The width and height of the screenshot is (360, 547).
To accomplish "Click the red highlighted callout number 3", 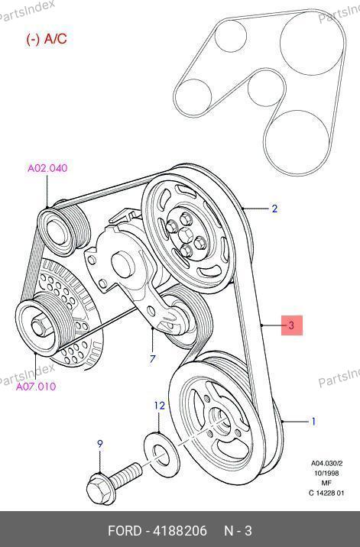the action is [291, 325].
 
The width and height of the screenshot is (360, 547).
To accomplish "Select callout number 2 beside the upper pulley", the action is [274, 209].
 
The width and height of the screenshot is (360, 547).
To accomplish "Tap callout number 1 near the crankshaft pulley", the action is [313, 422].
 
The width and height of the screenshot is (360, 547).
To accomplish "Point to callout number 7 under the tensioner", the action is [152, 358].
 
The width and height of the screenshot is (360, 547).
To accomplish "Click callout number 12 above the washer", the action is [159, 406].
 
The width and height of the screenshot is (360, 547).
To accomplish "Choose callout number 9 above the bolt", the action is [100, 444].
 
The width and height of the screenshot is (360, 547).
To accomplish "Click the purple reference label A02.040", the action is [47, 168].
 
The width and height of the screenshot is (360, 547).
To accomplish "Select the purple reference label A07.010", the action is [36, 387].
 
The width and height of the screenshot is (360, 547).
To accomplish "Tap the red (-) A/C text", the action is [47, 39].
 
